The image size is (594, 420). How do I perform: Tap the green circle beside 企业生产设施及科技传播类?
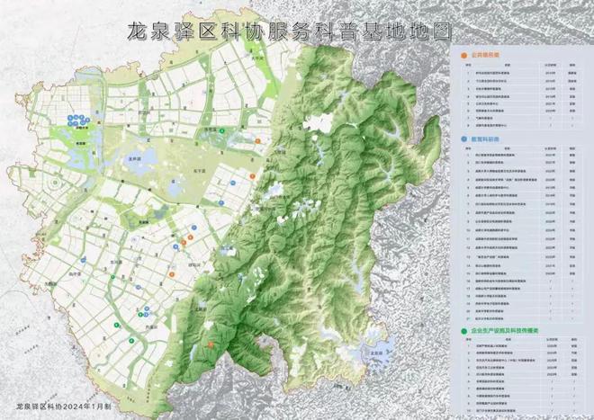(462, 332)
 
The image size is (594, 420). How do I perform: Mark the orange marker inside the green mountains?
(211, 344)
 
